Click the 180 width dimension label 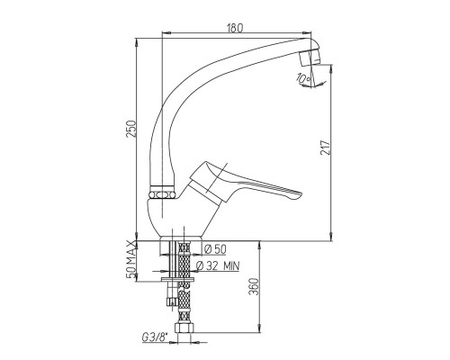tap(235, 28)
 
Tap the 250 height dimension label tap(131, 129)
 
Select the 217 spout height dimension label tap(325, 148)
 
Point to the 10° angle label tap(303, 78)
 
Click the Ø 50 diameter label tap(215, 249)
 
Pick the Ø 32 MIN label tap(218, 265)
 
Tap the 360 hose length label tap(254, 286)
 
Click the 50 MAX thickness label tap(131, 259)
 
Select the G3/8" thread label tap(155, 337)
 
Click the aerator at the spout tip tap(310, 58)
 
